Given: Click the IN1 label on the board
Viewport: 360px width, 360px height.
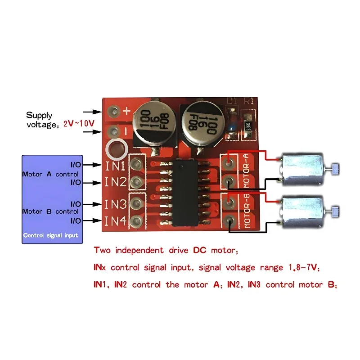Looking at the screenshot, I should coord(115,166).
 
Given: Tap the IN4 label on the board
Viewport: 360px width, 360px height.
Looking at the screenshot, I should coord(115,221).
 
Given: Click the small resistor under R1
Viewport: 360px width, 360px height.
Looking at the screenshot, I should coord(247,126).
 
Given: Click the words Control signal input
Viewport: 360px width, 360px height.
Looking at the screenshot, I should coord(50,235).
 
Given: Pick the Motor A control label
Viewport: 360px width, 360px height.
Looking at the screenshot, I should coord(50,174).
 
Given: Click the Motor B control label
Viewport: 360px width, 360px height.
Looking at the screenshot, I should coord(50,211).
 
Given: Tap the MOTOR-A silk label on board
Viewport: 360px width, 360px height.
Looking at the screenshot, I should coord(246,170).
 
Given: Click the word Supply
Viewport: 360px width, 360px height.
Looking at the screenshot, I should coord(39,115).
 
